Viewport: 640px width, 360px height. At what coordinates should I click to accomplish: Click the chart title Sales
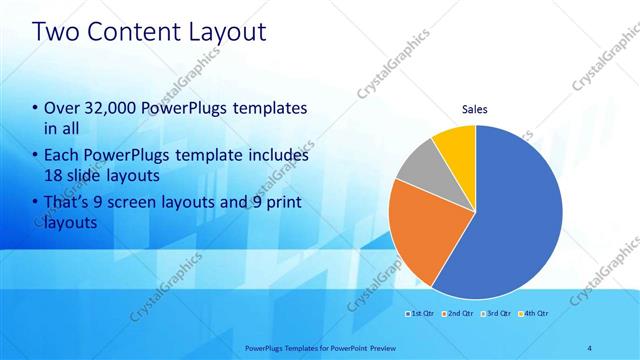tap(474, 110)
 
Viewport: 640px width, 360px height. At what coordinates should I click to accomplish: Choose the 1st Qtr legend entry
tap(420, 314)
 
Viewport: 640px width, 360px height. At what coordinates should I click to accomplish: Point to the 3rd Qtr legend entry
tap(497, 314)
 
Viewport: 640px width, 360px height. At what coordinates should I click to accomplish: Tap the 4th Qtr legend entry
tap(534, 314)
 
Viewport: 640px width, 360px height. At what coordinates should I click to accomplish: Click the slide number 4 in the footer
tap(590, 347)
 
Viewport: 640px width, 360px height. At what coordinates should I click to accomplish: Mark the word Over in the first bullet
tap(60, 108)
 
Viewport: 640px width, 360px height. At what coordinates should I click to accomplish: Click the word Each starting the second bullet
tap(61, 156)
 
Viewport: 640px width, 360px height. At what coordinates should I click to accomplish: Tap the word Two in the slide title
tap(57, 32)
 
